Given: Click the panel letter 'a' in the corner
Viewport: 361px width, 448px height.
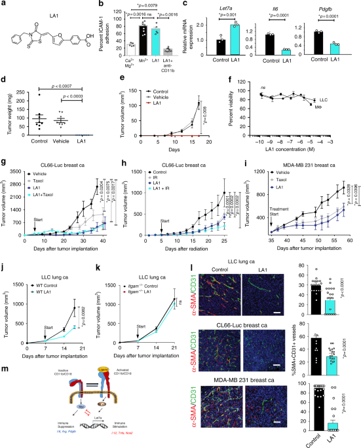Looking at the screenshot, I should click(x=5, y=5).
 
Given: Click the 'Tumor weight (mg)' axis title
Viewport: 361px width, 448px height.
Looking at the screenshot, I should click(x=6, y=115).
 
